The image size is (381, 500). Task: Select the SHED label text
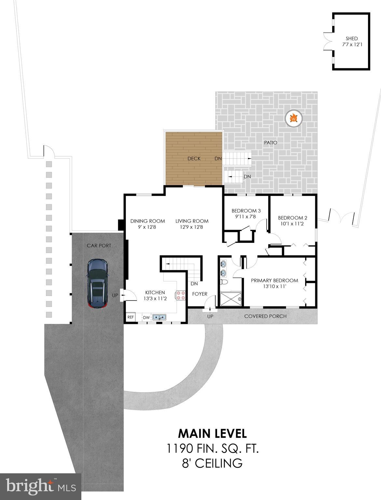click(x=352, y=38)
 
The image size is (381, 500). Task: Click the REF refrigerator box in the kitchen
click(x=130, y=317)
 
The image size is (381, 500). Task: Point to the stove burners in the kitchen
click(x=180, y=295)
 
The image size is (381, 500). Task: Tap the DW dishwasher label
click(x=146, y=317)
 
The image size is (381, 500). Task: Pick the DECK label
click(x=194, y=159)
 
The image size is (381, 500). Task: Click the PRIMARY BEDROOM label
click(x=274, y=281)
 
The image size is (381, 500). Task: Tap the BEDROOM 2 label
click(x=293, y=218)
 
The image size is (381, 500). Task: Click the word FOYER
click(x=199, y=294)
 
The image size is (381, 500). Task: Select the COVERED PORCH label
click(x=265, y=316)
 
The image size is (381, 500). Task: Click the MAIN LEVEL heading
click(x=212, y=434)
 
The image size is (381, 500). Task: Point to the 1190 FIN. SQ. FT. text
click(x=212, y=449)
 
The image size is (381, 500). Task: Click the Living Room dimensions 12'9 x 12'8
click(x=192, y=227)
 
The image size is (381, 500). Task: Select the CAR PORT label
click(x=99, y=245)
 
